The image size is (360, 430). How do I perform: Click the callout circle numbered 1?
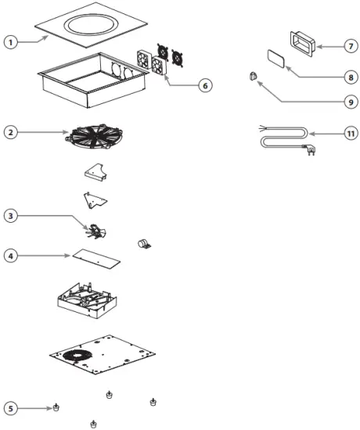[x=11, y=41]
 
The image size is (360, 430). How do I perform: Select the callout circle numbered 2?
[x=11, y=132]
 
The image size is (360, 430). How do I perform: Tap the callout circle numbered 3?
[x=11, y=215]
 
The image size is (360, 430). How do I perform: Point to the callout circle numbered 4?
[x=11, y=255]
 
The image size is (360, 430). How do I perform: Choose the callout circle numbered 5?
[x=11, y=407]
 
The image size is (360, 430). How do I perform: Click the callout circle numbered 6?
[x=204, y=84]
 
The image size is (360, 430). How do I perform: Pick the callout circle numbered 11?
[x=351, y=134]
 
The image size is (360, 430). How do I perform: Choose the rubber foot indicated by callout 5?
[x=57, y=407]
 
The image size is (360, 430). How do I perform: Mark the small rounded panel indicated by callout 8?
[x=276, y=58]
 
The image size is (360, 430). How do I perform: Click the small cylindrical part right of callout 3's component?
[x=144, y=244]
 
